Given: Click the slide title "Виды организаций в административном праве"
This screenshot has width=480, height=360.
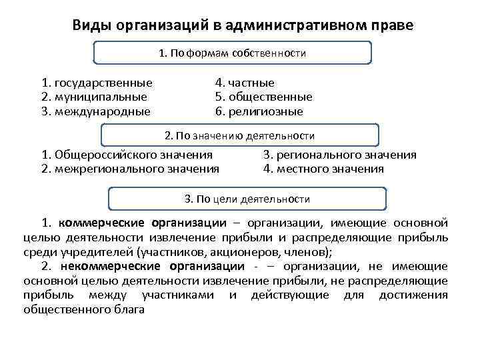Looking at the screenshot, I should (x=243, y=25).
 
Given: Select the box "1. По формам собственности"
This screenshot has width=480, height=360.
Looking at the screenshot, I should (x=232, y=53).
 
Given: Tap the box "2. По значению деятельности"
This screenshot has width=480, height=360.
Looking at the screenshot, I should (x=239, y=135).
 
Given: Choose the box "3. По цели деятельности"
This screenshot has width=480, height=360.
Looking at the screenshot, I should (x=247, y=199).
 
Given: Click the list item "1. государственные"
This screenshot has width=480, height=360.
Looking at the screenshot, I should (x=96, y=83).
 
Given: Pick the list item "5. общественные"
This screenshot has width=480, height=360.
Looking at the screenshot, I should (x=263, y=97).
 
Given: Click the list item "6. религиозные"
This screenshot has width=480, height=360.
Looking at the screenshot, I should (x=259, y=111).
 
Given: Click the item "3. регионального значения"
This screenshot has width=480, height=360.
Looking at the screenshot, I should (x=339, y=155).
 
